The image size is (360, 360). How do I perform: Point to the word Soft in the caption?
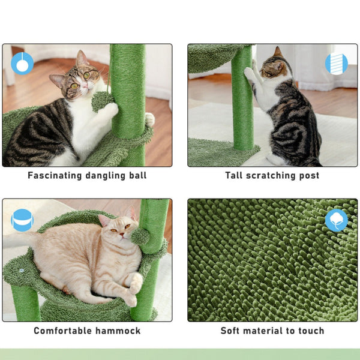(x=232, y=331)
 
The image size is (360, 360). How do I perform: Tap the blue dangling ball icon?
(x=22, y=62)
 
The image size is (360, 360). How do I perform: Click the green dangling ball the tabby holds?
(x=102, y=100)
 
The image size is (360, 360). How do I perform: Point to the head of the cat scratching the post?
(x=274, y=67)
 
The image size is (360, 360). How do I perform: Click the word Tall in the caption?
(x=235, y=176)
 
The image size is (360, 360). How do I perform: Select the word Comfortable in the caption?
(x=61, y=331)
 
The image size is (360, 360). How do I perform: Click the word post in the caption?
(x=309, y=176)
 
